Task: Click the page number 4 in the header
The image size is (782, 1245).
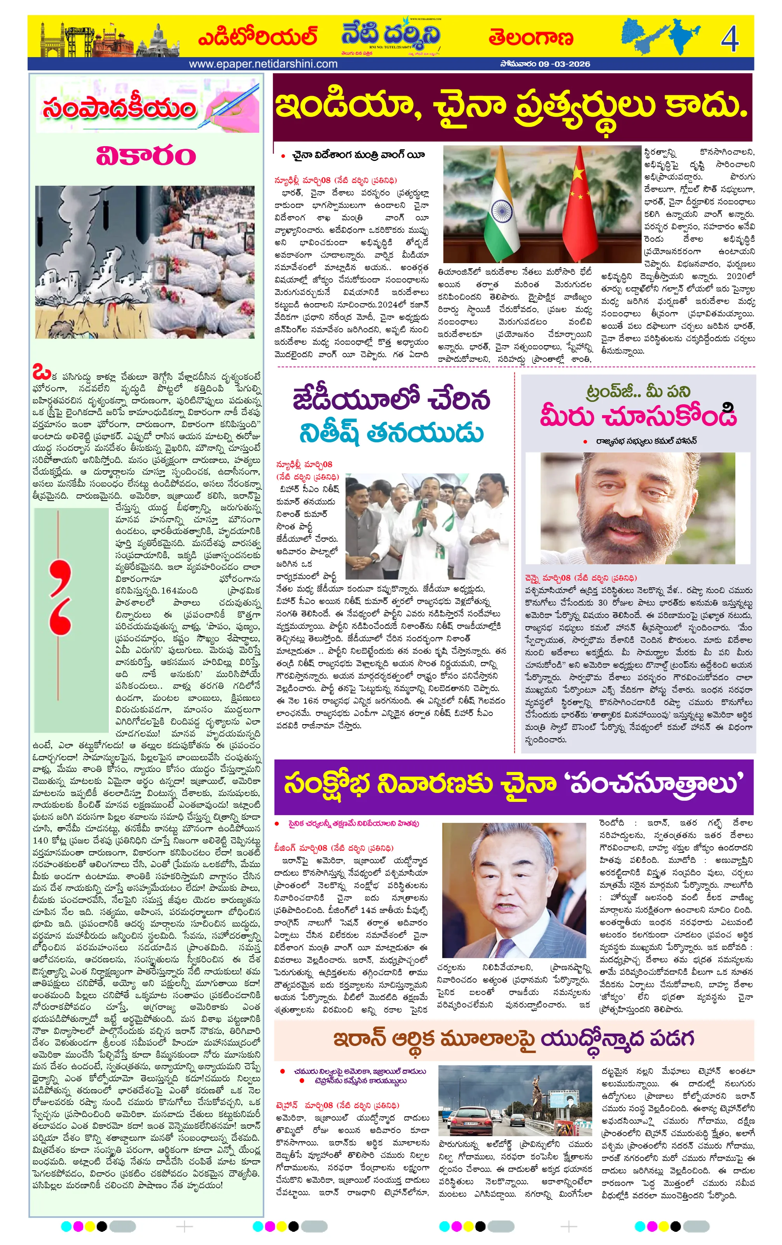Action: click(729, 38)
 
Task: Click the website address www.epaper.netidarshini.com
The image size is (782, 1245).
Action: click(263, 64)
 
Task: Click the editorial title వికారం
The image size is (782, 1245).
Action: click(146, 155)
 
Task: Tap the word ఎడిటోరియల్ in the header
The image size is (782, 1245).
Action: click(257, 38)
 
